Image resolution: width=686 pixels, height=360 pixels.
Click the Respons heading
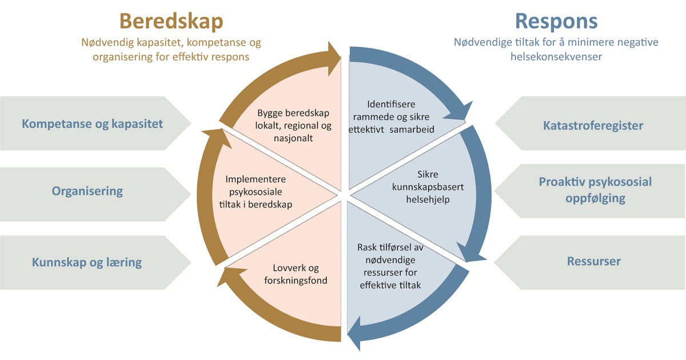click(556, 21)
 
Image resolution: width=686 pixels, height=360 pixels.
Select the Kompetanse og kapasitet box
click(92, 123)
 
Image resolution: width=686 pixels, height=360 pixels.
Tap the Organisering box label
click(87, 191)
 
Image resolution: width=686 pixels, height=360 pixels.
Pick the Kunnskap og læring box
click(87, 262)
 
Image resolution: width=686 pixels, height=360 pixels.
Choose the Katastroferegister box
click(593, 125)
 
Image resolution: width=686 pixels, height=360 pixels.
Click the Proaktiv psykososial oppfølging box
click(595, 190)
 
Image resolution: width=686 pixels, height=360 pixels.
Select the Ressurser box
click(593, 261)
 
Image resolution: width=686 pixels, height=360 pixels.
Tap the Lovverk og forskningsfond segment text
click(294, 274)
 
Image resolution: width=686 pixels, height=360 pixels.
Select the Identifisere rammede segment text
click(392, 117)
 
